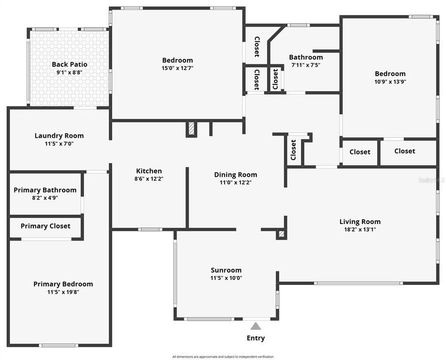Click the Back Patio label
click(69, 64)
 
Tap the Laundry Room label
click(59, 135)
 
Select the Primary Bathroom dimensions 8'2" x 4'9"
click(45, 198)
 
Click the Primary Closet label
click(45, 226)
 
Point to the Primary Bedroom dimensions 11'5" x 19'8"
click(63, 292)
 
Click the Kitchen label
click(149, 171)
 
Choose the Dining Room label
click(235, 174)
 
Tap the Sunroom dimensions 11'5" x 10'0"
click(226, 278)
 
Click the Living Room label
click(360, 221)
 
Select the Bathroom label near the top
click(305, 57)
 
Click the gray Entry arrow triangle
click(255, 326)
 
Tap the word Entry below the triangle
click(255, 338)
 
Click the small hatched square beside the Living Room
click(281, 233)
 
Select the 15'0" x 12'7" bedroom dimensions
click(177, 68)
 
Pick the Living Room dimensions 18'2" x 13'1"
click(360, 229)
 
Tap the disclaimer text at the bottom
click(223, 356)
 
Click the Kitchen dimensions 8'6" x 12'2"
click(149, 178)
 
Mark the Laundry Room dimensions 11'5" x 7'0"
click(59, 143)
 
